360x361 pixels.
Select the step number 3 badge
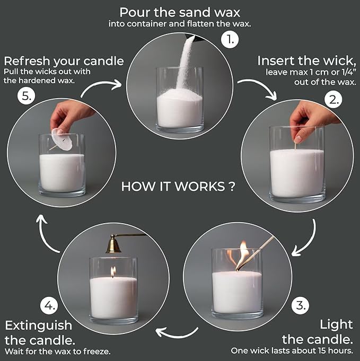[x=300, y=305]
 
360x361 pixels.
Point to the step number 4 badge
[x=48, y=306]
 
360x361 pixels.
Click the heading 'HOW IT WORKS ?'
[x=178, y=187]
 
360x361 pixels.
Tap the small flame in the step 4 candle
[x=113, y=271]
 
